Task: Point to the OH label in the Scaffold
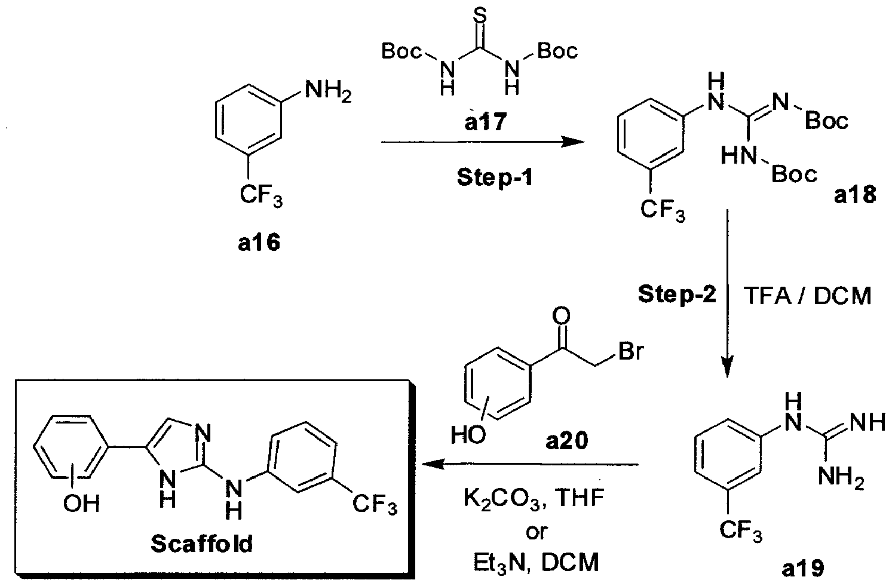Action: click(82, 505)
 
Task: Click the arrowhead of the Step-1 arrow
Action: click(574, 143)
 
